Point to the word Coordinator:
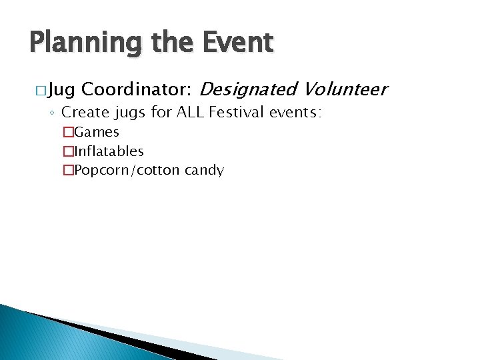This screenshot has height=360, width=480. [138, 89]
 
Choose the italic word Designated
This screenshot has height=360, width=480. [248, 89]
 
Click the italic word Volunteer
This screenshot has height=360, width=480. [345, 89]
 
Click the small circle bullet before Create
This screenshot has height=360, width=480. [52, 114]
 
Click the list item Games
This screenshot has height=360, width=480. [97, 132]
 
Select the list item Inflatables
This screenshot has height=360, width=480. [109, 151]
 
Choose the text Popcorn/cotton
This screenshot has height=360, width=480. [127, 171]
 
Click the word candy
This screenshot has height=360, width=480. [204, 171]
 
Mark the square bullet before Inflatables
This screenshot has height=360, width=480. [67, 151]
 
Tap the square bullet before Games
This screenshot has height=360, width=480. [67, 132]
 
